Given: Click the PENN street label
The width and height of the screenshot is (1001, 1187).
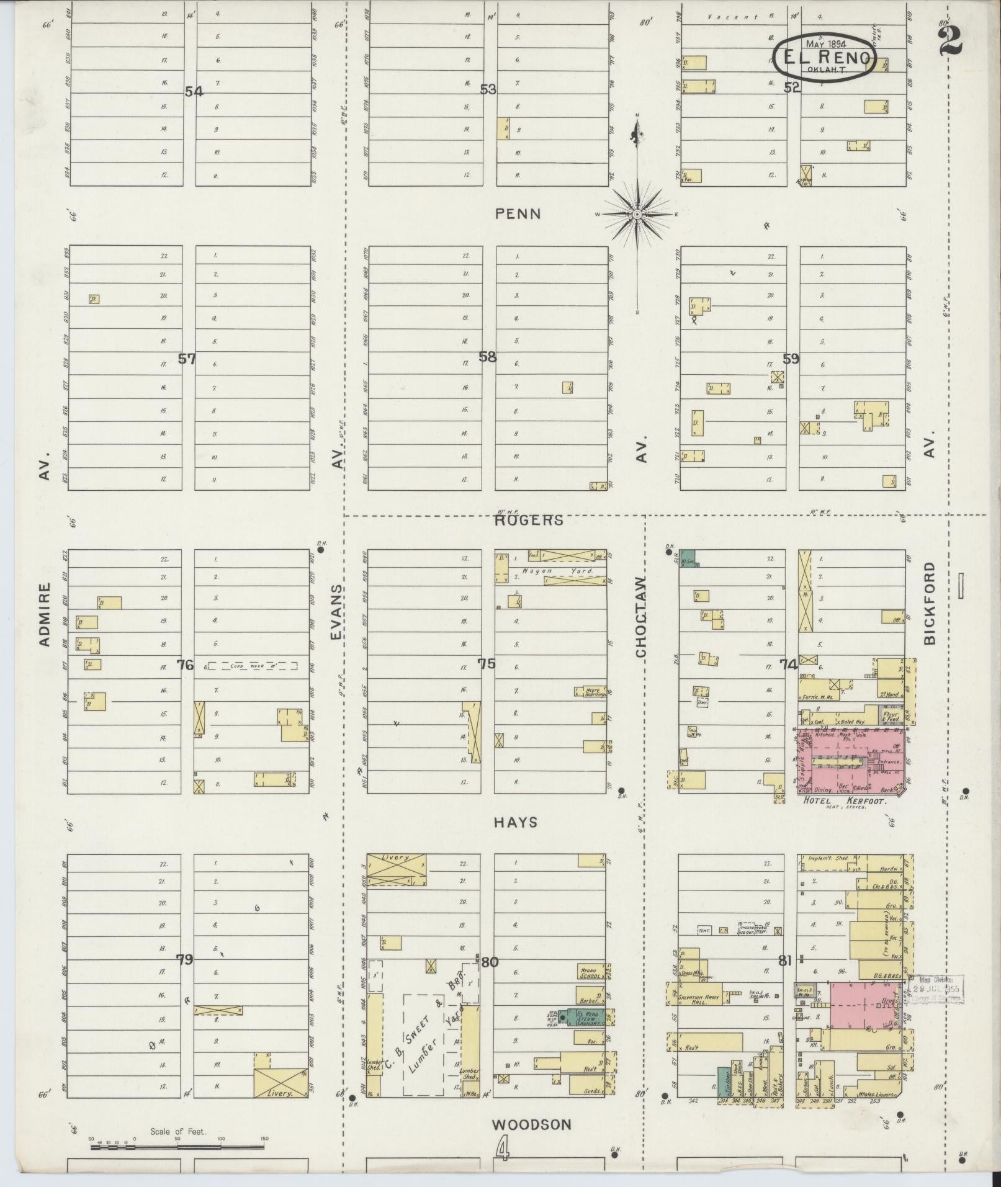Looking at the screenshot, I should [518, 214].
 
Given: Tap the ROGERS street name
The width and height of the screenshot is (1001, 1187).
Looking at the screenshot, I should [529, 520].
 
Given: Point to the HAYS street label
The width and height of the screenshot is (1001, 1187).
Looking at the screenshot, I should [516, 822].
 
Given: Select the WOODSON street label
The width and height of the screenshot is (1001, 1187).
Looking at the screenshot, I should [531, 1124].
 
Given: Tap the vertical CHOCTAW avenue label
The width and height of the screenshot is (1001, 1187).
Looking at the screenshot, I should [641, 617].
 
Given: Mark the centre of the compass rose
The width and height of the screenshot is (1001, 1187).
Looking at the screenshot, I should [637, 215].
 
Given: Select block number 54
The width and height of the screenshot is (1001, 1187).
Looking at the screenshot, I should [194, 92].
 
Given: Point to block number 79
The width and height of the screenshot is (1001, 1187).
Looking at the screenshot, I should [184, 960].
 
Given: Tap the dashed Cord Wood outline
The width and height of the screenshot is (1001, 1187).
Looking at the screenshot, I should [252, 666].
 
